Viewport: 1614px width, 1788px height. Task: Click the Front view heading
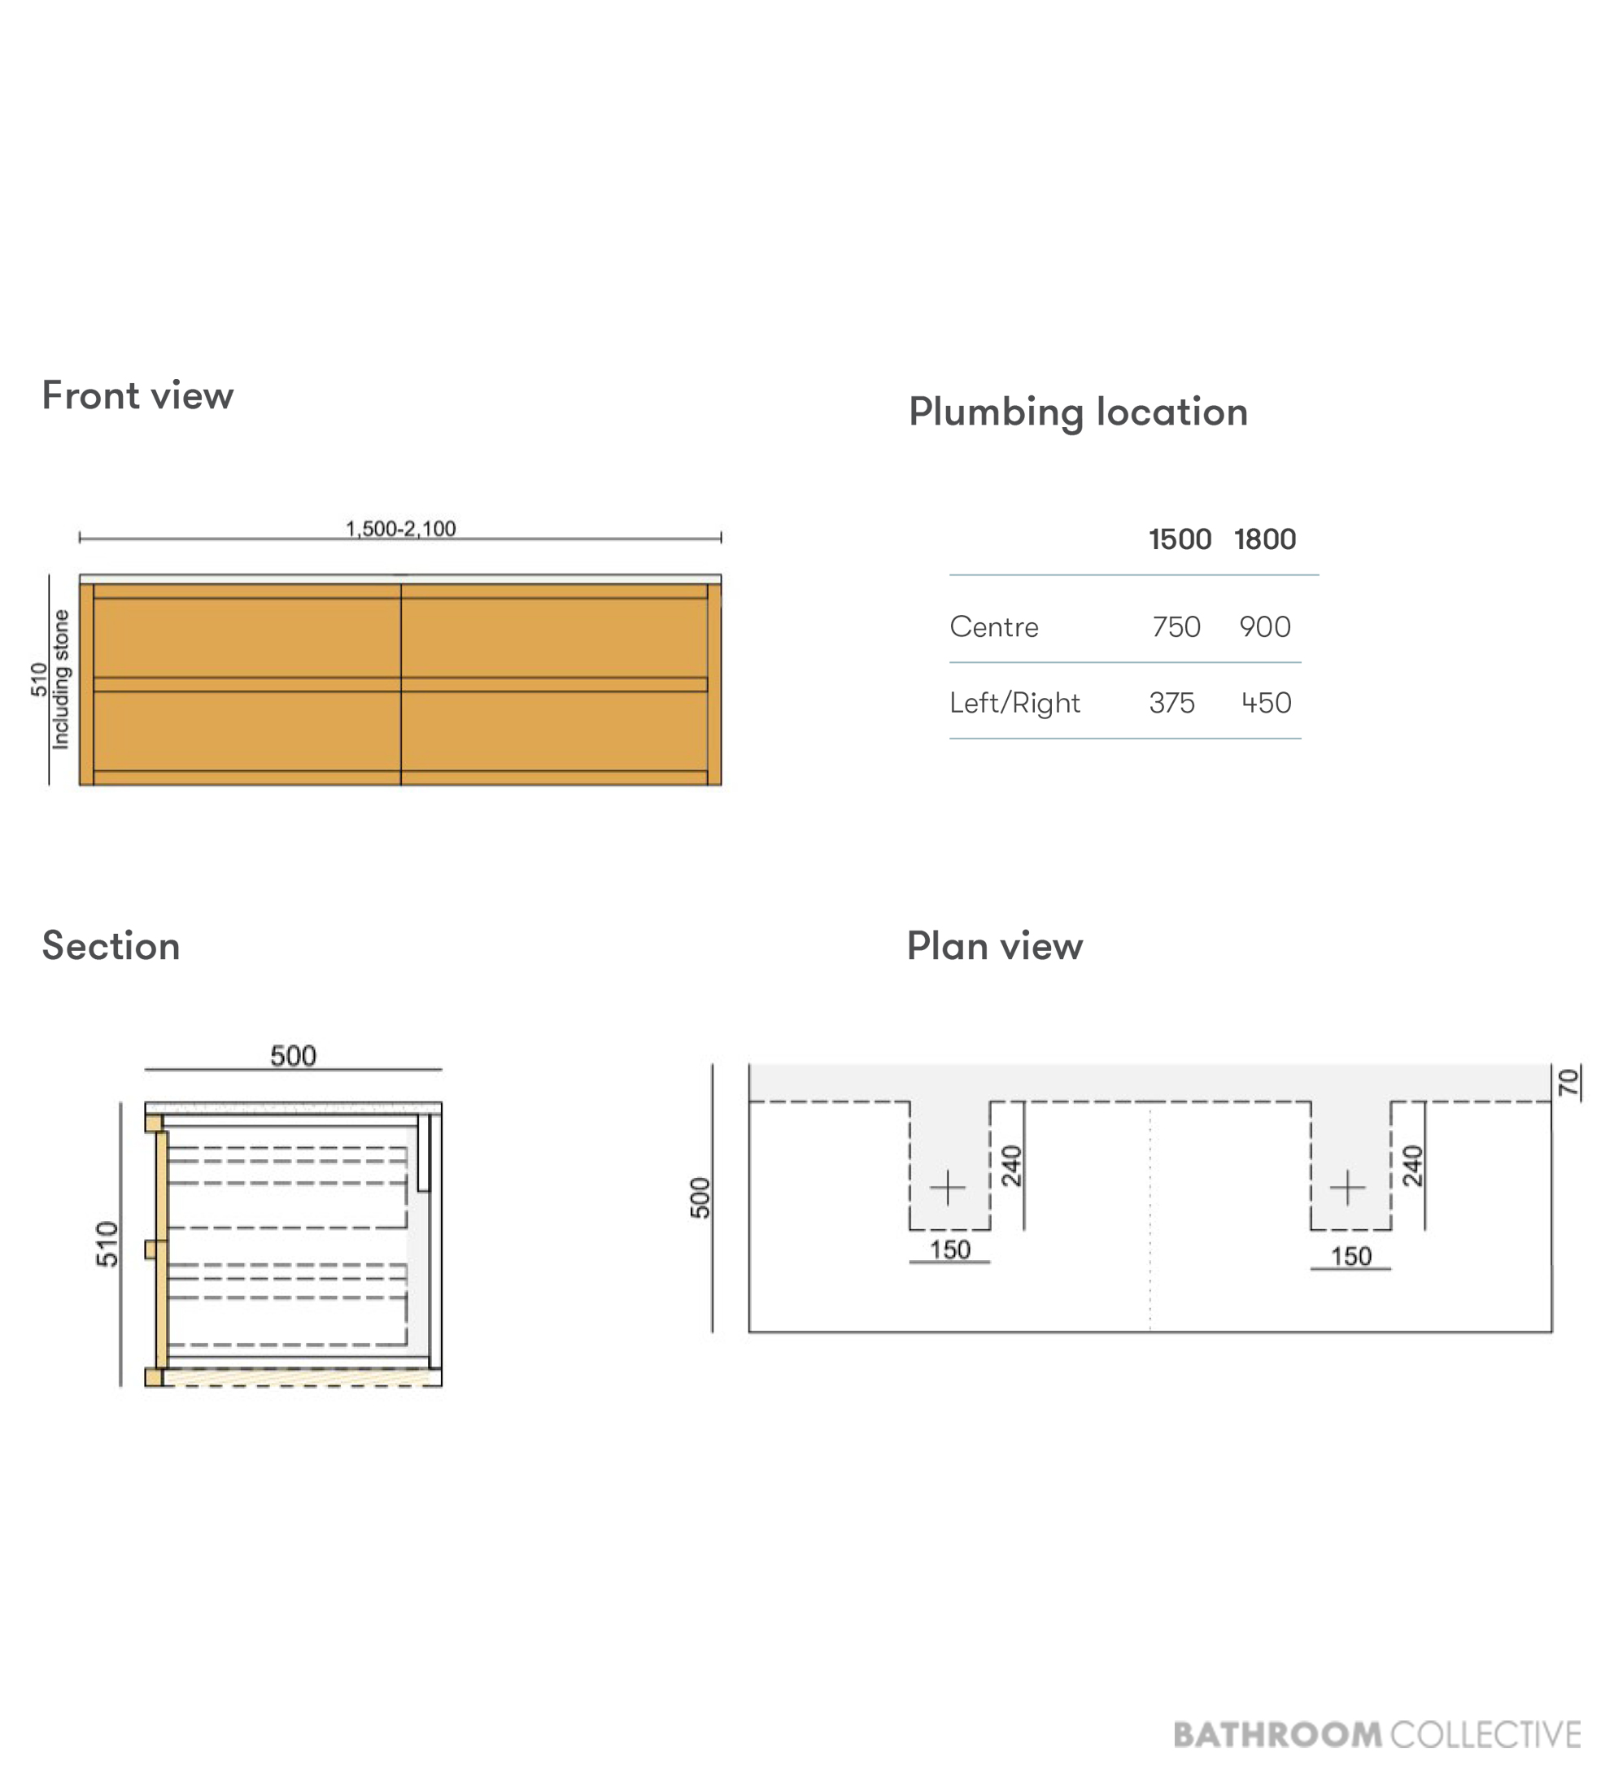[137, 395]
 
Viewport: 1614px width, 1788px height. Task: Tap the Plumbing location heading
[1079, 413]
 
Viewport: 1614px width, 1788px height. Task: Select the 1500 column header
[1180, 539]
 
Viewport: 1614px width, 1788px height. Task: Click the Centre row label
[994, 627]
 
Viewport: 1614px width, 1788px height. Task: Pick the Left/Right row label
[1014, 704]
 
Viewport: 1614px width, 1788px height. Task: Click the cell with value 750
[1176, 627]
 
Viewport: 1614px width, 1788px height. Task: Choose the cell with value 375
[1171, 704]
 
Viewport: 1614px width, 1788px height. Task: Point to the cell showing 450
[1266, 704]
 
